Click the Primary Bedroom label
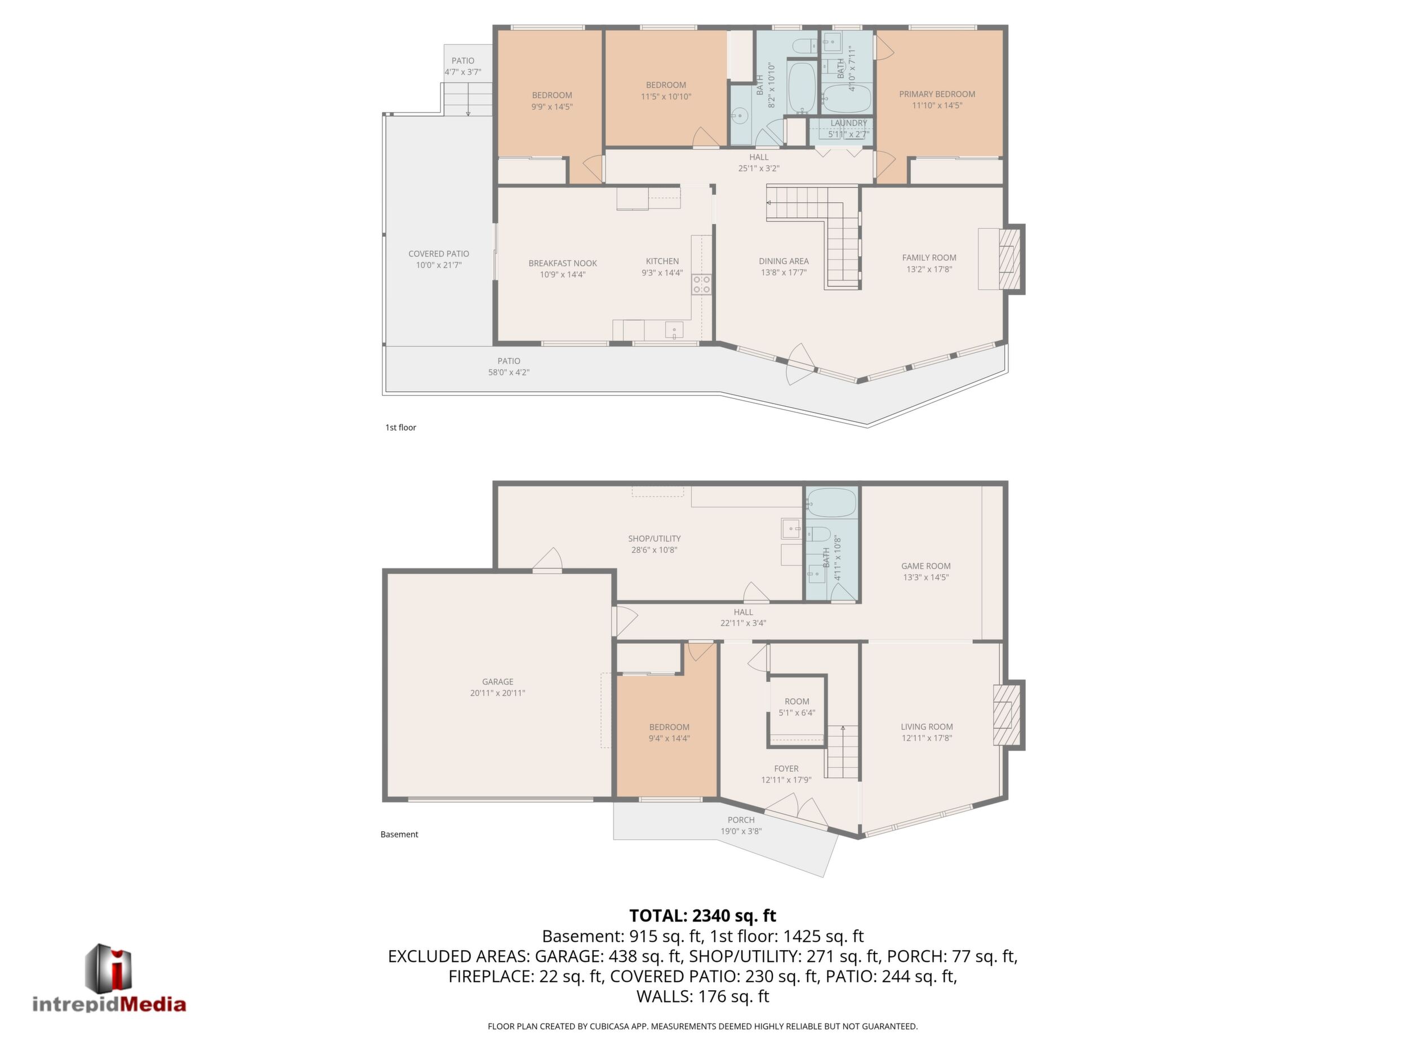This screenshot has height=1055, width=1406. [937, 94]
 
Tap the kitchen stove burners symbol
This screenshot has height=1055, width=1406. [701, 284]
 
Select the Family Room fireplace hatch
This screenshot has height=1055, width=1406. [1009, 259]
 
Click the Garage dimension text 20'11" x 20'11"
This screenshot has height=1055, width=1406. [498, 693]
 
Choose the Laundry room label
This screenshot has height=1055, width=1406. [848, 123]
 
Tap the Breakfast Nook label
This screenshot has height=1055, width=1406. [563, 263]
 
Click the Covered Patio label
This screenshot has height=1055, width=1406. [439, 254]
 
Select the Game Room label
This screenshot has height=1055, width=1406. [926, 566]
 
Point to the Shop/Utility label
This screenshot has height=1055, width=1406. [654, 539]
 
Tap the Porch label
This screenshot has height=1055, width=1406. [741, 819]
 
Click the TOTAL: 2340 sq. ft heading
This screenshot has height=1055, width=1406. [702, 916]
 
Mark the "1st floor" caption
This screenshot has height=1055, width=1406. [401, 427]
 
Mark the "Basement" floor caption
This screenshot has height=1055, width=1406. [399, 834]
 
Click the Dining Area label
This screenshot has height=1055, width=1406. [784, 261]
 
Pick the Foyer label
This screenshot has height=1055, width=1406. [786, 769]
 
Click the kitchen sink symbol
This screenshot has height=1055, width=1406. [674, 330]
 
